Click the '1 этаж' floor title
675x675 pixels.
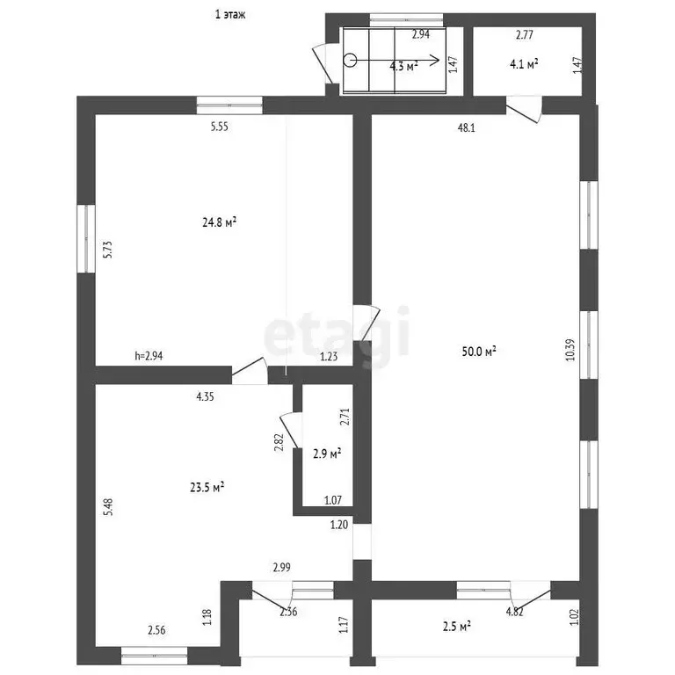coord(230,15)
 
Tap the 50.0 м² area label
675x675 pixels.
coord(479,352)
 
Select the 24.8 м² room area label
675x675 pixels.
coord(220,222)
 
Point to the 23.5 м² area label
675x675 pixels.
coord(207,487)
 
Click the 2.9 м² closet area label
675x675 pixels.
coord(327,454)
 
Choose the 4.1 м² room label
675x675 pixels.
coord(524,64)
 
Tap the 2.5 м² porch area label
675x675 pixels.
coord(457,626)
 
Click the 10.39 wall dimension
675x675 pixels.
coord(570,350)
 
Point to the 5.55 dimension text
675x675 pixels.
coord(220,127)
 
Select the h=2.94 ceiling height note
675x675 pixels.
coord(149,356)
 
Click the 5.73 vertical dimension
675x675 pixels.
coord(107,250)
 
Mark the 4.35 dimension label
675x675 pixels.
coord(206,396)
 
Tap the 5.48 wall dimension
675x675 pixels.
coord(108,507)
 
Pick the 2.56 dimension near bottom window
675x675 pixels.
coord(156,630)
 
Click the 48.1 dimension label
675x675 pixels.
coord(466,127)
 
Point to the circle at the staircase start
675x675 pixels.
coord(351,60)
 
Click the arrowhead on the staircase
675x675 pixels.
coord(435,60)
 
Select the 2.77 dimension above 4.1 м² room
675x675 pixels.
coord(525,35)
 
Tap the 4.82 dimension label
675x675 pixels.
coord(515,612)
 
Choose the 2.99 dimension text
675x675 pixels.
coord(282,568)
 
